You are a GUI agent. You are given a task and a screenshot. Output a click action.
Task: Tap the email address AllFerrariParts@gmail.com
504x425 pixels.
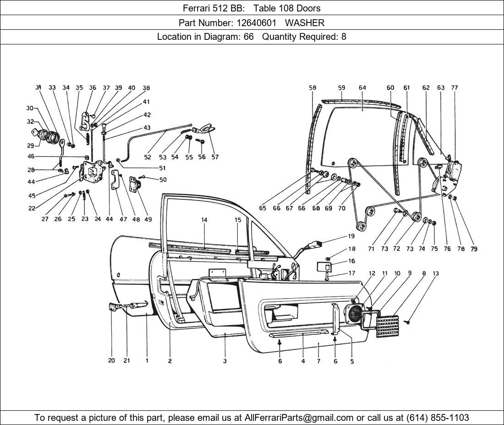point(299,418)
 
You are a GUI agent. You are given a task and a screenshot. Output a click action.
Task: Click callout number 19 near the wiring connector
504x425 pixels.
point(351,237)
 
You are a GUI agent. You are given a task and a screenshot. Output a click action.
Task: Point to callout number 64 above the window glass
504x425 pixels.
point(362,87)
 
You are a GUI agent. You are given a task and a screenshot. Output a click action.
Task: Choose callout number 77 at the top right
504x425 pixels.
point(454,87)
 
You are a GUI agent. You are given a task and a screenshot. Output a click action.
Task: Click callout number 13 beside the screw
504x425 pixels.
point(435,273)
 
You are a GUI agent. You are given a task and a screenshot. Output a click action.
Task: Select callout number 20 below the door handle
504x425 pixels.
point(111,360)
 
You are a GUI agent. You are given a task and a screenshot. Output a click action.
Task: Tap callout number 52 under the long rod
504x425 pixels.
point(147,157)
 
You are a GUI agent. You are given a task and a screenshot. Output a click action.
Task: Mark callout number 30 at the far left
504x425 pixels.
point(30,108)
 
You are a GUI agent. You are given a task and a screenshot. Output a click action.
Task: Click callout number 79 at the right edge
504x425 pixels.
point(474,249)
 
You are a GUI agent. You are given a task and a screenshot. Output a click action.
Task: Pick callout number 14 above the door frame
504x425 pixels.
point(204,220)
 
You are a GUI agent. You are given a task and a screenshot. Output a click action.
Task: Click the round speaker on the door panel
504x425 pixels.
point(356,314)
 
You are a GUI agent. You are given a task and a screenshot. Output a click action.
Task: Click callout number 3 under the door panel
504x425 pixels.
point(225,361)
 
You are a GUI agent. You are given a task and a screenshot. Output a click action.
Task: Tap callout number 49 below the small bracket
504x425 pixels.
point(148,219)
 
